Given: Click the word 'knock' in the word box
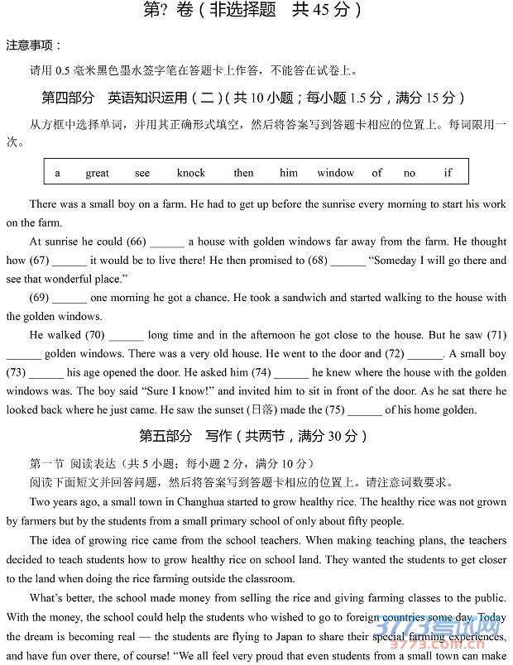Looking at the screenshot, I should (190, 173).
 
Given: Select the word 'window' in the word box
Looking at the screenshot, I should (335, 173).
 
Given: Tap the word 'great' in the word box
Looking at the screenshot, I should (97, 173).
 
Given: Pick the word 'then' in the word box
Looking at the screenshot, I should (243, 173).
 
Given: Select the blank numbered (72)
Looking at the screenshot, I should (424, 354).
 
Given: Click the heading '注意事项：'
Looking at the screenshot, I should (34, 45).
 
